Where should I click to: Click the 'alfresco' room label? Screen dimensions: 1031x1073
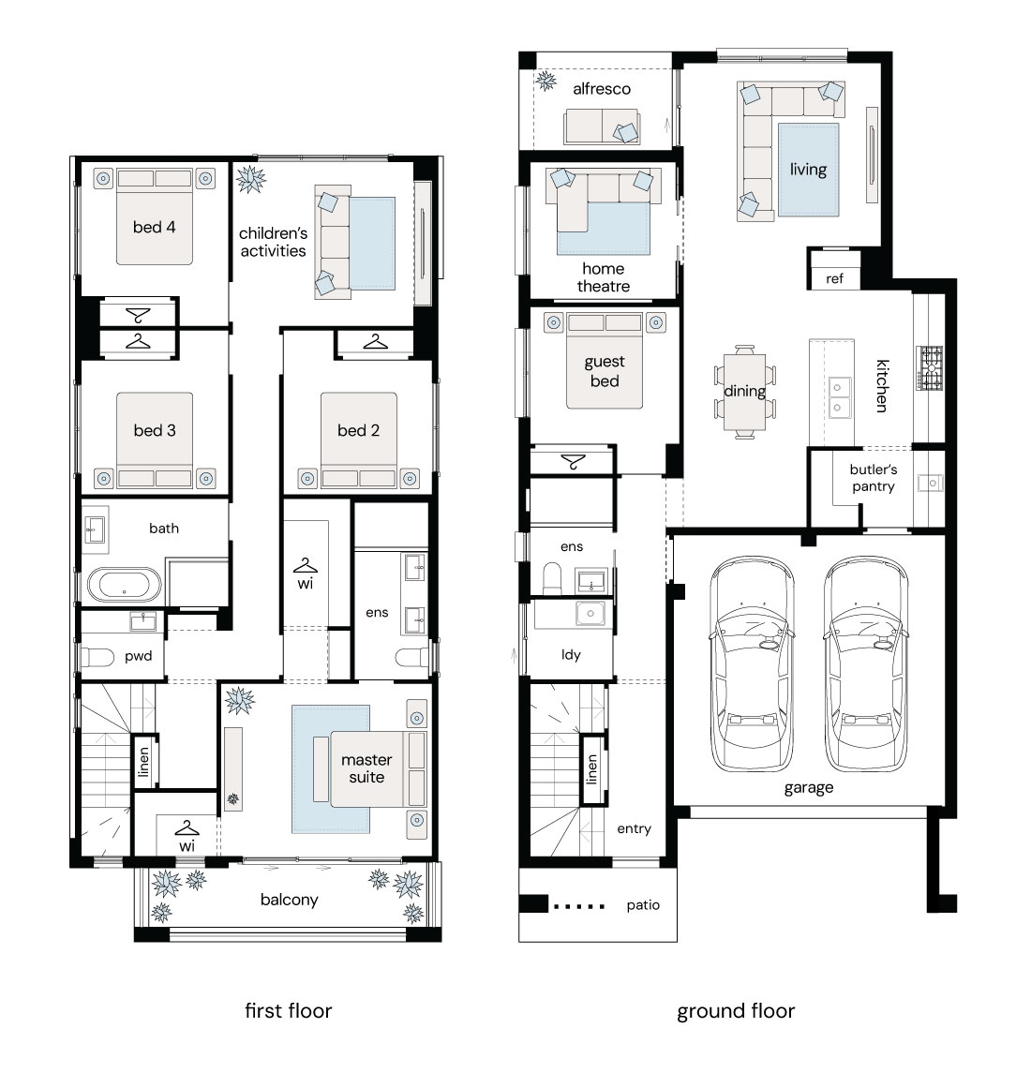point(602,89)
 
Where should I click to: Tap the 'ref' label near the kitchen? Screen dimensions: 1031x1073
point(834,278)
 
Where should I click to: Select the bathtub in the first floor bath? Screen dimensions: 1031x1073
point(124,585)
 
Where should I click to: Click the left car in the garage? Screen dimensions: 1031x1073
point(752,663)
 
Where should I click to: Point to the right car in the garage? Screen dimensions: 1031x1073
point(867,663)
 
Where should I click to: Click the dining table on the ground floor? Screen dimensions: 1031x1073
point(745,392)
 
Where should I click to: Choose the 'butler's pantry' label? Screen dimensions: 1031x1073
point(873,478)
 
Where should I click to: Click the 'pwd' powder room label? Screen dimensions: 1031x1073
point(139,656)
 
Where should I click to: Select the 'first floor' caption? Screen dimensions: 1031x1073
point(289,1011)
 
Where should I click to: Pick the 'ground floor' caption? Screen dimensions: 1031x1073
point(736,1011)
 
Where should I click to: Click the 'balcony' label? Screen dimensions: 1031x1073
point(289,900)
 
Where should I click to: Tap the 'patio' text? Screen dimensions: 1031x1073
point(643,905)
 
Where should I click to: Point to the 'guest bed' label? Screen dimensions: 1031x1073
point(605,372)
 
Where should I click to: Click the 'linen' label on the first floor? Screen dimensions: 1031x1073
point(143,762)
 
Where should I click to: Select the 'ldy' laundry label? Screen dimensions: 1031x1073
point(571,655)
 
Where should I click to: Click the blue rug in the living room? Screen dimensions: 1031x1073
point(809,170)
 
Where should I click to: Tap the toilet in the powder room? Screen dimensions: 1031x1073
point(97,658)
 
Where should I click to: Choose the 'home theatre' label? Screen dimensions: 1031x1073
point(603,277)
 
